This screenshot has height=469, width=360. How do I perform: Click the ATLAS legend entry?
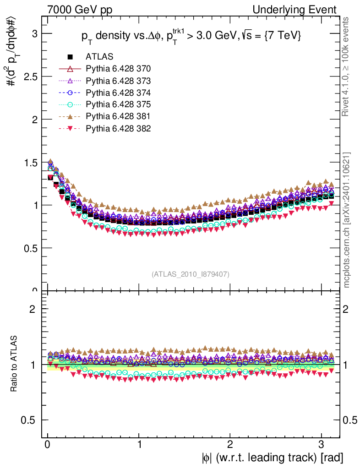tap(99, 57)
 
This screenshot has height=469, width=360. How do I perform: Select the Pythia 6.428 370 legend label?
tap(118, 69)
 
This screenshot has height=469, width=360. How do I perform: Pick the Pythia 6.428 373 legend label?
tap(118, 81)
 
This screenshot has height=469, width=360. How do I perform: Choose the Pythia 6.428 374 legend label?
tap(118, 93)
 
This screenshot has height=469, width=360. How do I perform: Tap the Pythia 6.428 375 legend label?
tap(118, 104)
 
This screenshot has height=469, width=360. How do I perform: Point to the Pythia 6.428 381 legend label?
tap(118, 116)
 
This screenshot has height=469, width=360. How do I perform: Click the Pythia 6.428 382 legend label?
tap(118, 128)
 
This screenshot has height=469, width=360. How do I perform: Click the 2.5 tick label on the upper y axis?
tap(31, 76)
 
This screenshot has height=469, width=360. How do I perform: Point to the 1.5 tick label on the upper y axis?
tap(31, 162)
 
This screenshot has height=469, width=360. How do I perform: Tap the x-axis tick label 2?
tap(230, 445)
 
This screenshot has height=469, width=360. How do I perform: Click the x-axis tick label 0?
tap(48, 445)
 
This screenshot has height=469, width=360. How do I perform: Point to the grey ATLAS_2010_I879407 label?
tap(191, 274)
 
